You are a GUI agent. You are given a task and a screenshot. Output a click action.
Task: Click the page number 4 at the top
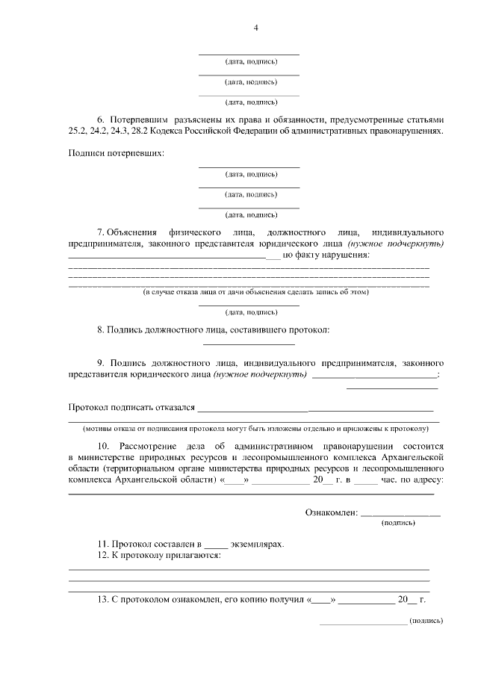(255, 28)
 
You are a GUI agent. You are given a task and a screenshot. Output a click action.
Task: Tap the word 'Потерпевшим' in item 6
(139, 120)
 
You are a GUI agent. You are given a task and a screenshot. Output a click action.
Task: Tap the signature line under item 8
(249, 344)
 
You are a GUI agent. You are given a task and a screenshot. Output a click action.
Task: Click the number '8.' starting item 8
(101, 329)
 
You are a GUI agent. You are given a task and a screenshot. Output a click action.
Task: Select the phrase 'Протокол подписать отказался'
(131, 408)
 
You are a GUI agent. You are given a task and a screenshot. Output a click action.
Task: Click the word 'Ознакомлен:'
(332, 512)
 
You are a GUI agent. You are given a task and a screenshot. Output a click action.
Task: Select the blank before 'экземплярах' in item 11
(214, 545)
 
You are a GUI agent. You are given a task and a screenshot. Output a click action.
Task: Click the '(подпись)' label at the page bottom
(426, 620)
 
